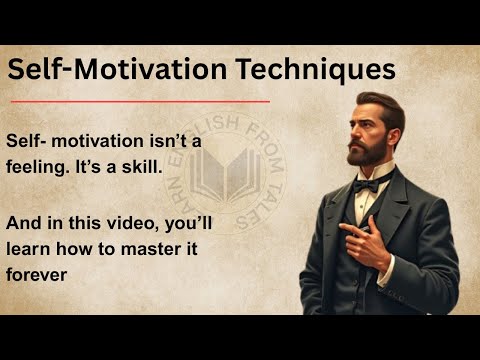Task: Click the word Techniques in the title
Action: coord(317,70)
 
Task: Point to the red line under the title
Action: coord(140,101)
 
